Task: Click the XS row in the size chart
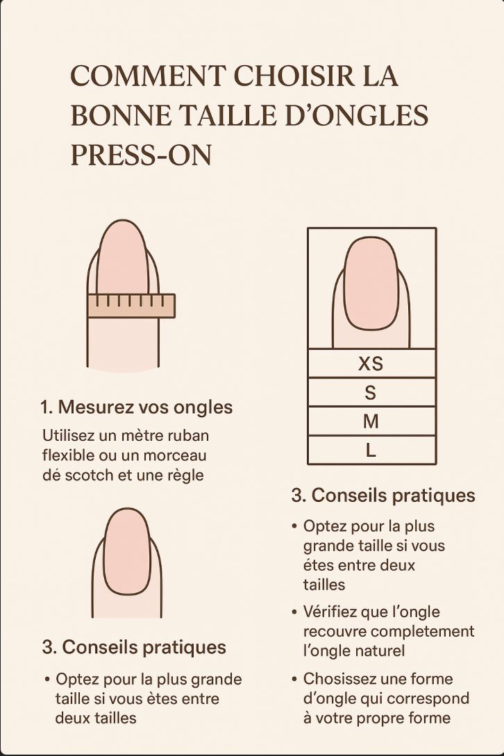click(371, 363)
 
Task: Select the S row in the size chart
click(371, 392)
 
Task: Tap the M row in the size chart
click(371, 421)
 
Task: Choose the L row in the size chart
click(371, 450)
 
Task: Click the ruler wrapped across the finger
click(131, 305)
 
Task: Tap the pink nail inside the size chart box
click(371, 283)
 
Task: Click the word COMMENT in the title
click(148, 76)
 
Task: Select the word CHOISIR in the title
click(294, 76)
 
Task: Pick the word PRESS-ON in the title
click(142, 156)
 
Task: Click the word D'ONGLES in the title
click(356, 116)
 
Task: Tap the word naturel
click(381, 651)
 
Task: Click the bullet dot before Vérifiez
click(294, 612)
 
